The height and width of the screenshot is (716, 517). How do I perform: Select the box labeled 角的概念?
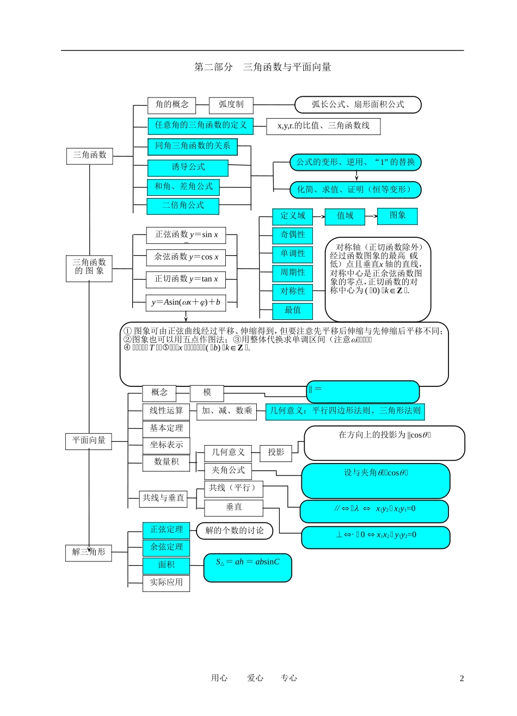tap(171, 104)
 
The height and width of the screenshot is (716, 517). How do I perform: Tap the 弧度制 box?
tap(231, 104)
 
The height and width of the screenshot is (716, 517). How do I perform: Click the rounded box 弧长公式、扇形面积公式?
tap(358, 104)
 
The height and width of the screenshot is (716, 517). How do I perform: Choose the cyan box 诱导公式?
tap(188, 168)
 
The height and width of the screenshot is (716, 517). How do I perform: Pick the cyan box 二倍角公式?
tap(183, 206)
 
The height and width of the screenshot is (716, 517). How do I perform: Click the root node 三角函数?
tap(90, 156)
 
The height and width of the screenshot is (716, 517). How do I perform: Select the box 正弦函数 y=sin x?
tap(186, 235)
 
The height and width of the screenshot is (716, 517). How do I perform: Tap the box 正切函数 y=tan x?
tap(186, 279)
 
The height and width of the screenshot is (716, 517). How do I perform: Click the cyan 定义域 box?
tap(293, 216)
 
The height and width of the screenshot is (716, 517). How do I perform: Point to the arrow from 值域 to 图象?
tap(371, 216)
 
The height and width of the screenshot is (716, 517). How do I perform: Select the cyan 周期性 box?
tap(293, 273)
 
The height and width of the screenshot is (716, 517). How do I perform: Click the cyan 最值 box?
tap(293, 311)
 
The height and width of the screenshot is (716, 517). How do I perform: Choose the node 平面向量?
tap(89, 441)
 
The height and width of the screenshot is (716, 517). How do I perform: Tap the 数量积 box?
tap(166, 462)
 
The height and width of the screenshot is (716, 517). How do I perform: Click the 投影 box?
tap(276, 453)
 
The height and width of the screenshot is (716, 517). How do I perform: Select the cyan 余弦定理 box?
tap(167, 547)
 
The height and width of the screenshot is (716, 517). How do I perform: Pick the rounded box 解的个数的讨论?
tap(235, 530)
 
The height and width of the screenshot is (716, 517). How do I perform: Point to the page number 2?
tap(462, 678)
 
